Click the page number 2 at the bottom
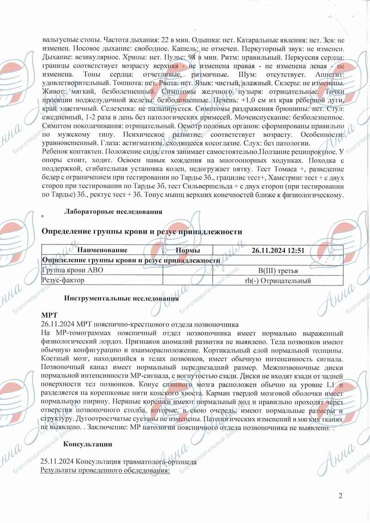[340, 496]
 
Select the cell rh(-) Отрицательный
[277, 280]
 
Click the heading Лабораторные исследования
[113, 212]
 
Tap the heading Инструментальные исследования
[122, 298]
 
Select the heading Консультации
[88, 444]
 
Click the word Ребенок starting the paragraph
[56, 152]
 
